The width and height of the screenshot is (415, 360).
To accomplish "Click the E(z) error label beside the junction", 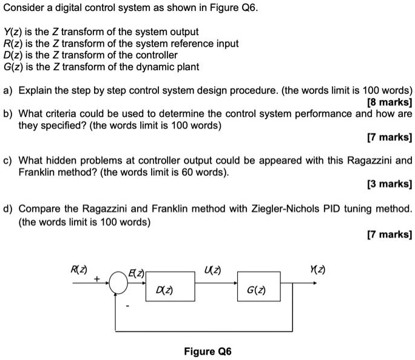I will click(135, 273).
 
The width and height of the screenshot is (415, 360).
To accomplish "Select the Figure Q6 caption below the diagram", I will click(207, 352).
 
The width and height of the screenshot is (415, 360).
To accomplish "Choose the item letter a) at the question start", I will click(8, 90).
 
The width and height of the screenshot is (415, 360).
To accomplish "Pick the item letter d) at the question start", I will click(8, 209).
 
